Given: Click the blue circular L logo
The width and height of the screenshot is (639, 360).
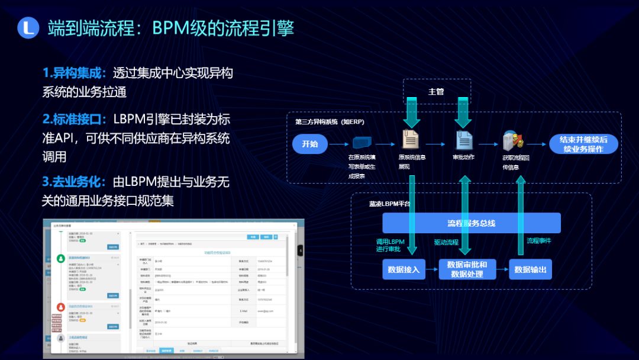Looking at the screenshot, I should coord(28,27).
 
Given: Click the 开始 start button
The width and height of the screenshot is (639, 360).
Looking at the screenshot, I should coord(309,144).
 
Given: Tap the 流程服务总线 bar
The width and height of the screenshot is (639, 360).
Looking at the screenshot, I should coord(471,223).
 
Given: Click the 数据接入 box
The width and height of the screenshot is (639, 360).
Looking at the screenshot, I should coord(404,269).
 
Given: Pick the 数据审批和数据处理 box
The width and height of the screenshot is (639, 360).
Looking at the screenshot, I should coord(467,269).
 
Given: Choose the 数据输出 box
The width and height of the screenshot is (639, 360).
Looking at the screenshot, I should coord(530,269).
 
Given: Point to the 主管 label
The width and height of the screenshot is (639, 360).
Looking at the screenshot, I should coord(436,92).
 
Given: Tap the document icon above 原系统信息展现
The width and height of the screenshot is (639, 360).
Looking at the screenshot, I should coord(410,139).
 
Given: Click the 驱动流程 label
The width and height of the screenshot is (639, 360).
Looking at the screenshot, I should coord(446,242).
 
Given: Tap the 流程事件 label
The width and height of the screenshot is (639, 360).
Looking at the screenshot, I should coord(539,241).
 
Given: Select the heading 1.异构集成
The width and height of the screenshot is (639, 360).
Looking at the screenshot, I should coord(74,73).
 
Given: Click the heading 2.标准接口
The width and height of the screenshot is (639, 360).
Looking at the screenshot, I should coord(74,119).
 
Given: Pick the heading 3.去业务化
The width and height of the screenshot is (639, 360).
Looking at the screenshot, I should coord(74,182).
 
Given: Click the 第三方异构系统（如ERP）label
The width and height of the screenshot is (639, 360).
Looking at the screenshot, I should coord(330,121).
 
